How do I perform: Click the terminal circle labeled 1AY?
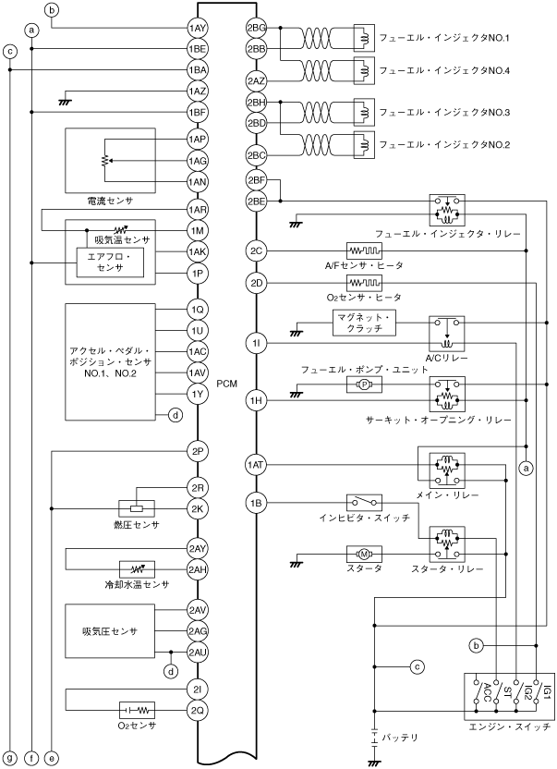[x=197, y=29]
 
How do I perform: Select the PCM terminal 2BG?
[x=257, y=29]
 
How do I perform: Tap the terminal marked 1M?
[x=197, y=230]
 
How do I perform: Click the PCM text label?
[x=227, y=383]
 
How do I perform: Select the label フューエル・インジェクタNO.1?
[x=438, y=39]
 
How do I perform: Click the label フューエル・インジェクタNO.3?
[x=438, y=112]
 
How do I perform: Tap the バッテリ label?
[x=402, y=737]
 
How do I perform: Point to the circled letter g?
[x=9, y=757]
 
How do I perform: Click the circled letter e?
[x=53, y=757]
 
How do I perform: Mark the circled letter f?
[x=31, y=757]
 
